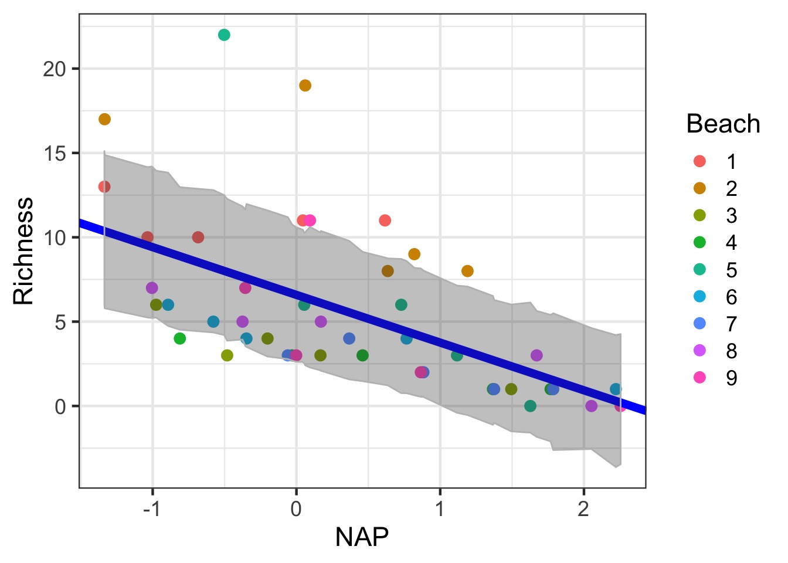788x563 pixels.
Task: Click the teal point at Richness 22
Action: tap(224, 35)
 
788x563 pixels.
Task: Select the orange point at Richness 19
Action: tap(305, 86)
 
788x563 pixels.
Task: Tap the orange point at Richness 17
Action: tap(104, 120)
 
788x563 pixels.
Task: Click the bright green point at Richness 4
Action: tap(180, 338)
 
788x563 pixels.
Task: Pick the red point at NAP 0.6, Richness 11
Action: tap(385, 221)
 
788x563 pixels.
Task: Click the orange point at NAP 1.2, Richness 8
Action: tap(467, 271)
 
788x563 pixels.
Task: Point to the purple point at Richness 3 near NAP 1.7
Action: tap(536, 355)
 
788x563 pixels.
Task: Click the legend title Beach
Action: tap(723, 124)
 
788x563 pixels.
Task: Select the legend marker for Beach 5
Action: tap(699, 270)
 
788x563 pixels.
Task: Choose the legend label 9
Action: tap(731, 378)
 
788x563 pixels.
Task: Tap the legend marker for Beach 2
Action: tap(699, 188)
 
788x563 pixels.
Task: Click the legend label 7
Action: tap(731, 324)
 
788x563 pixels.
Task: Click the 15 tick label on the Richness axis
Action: tap(54, 154)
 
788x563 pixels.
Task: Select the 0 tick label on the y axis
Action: tap(61, 406)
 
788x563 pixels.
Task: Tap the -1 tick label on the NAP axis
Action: tap(152, 508)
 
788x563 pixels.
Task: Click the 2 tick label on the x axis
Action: tap(583, 508)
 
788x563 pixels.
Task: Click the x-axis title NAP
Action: tap(362, 537)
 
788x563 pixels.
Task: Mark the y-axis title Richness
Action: tap(24, 251)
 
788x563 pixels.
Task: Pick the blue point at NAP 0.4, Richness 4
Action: tap(349, 338)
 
